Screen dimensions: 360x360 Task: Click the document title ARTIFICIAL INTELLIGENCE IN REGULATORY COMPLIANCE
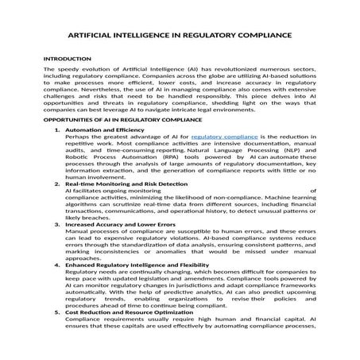(180, 37)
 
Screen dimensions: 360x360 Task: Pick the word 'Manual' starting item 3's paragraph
(76, 234)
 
